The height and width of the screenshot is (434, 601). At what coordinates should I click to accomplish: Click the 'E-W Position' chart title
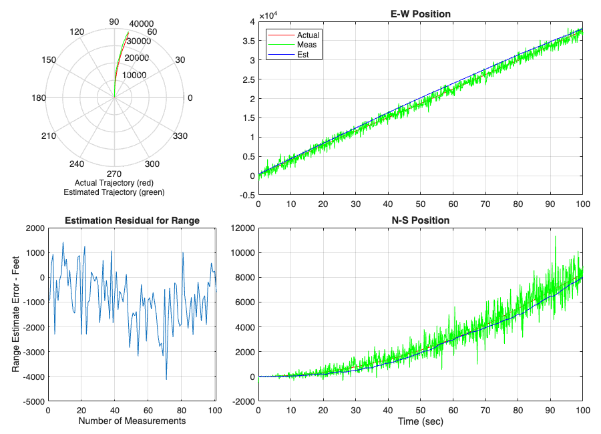(420, 13)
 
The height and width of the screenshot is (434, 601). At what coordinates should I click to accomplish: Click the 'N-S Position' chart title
(420, 220)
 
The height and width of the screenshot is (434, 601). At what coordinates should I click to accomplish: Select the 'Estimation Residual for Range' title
(132, 220)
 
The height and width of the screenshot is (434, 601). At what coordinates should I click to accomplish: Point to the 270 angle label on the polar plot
(114, 172)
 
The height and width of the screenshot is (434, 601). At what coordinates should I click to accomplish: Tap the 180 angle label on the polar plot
(38, 98)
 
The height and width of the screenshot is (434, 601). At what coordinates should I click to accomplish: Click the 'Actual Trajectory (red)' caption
(114, 182)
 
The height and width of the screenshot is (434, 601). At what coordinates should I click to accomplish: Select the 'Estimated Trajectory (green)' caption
(114, 192)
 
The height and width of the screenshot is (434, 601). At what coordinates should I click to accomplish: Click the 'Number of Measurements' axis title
(132, 421)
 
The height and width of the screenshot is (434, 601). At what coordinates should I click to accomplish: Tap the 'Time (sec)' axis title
(420, 421)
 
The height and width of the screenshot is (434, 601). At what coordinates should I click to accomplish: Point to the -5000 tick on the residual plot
(32, 402)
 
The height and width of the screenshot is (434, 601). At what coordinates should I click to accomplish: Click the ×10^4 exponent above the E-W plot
(267, 15)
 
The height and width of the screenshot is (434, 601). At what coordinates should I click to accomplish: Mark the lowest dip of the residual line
(166, 379)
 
